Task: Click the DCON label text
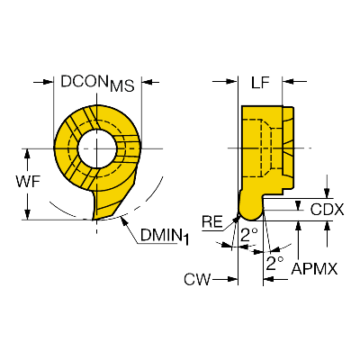(85, 81)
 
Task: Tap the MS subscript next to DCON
(121, 86)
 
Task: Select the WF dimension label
(28, 182)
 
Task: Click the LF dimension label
(260, 83)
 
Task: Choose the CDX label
(327, 210)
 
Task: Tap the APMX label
(314, 268)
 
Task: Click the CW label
(197, 279)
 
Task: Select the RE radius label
(212, 222)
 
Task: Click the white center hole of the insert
(97, 148)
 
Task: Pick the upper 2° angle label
(248, 235)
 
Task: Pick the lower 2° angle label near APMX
(274, 263)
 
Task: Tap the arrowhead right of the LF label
(287, 81)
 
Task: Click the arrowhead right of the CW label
(232, 279)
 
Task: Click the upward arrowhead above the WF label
(28, 154)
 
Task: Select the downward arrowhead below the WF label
(28, 214)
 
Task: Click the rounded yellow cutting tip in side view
(251, 208)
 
